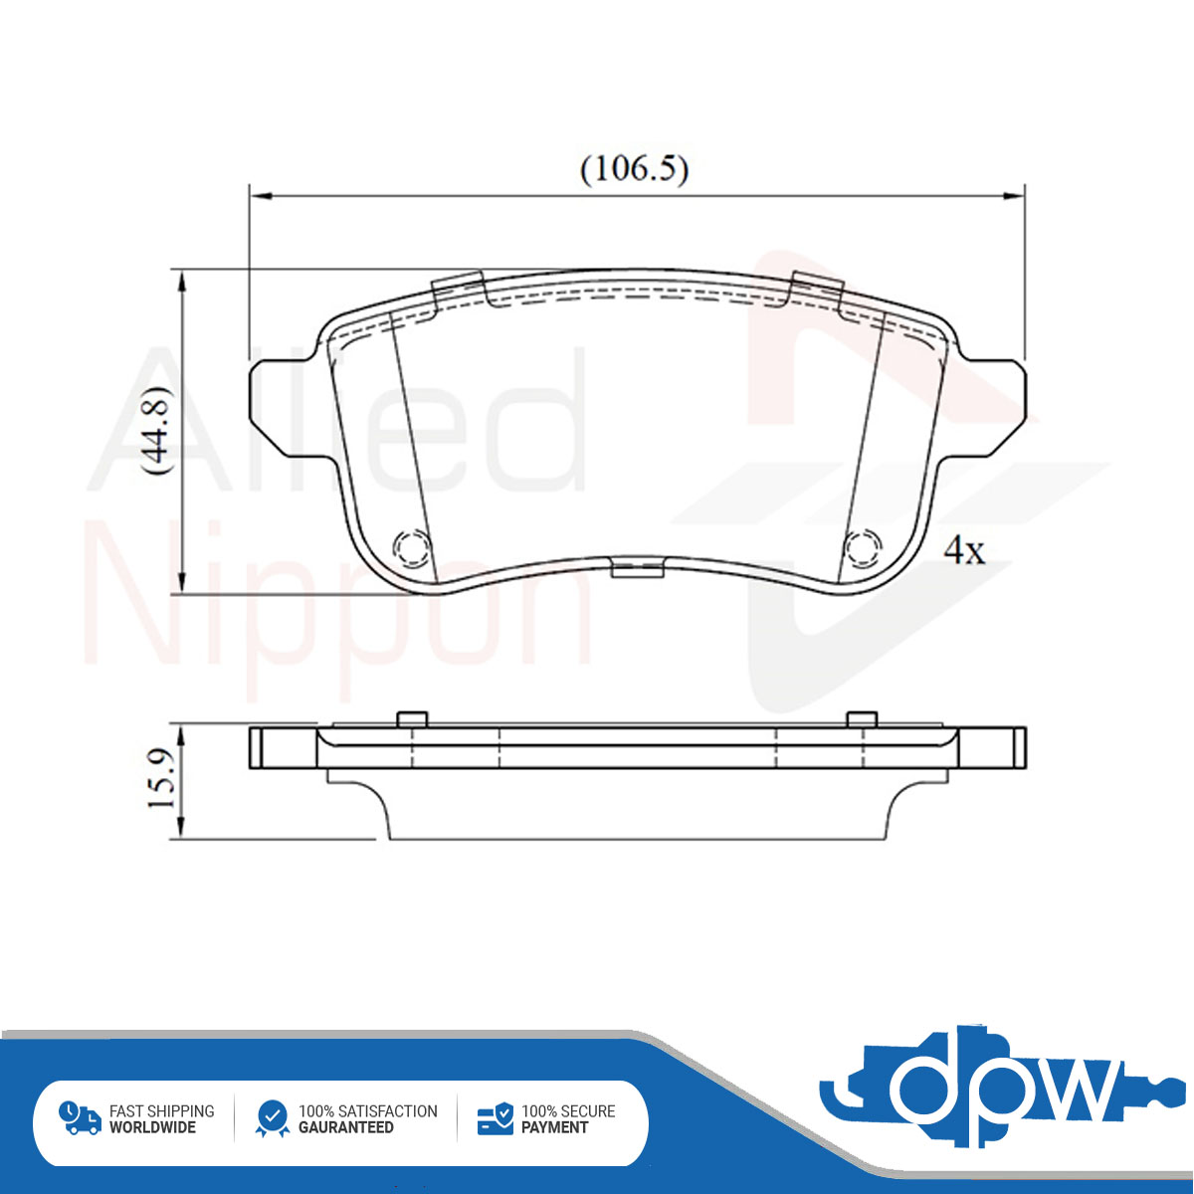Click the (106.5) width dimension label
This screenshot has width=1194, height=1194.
(634, 169)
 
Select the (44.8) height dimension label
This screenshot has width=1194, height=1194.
(155, 431)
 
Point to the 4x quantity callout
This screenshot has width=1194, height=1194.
(964, 549)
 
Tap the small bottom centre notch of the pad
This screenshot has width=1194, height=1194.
(638, 569)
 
